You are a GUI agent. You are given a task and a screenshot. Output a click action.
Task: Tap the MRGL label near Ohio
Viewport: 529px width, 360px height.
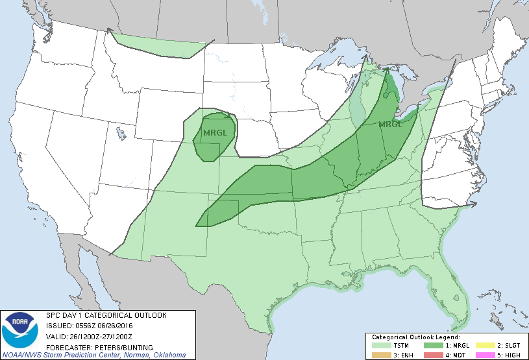[x=391, y=124]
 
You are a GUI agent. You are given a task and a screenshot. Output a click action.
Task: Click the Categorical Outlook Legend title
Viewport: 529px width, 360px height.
[x=415, y=338]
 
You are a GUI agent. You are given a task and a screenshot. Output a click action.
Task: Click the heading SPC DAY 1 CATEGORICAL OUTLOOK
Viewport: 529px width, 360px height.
[x=106, y=315]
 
